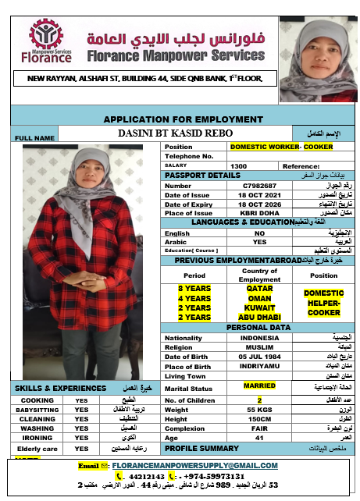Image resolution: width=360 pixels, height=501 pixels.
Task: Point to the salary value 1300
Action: pos(239,166)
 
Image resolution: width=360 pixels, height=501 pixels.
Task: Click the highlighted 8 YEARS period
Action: pos(194,287)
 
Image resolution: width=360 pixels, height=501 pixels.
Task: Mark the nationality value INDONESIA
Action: pos(258,338)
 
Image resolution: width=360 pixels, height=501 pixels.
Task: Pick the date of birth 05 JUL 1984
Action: pos(259,357)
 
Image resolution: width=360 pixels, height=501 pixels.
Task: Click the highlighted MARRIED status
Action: pos(258,386)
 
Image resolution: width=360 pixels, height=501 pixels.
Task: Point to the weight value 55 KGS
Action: pos(258,410)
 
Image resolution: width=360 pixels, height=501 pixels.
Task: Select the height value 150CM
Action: pos(258,419)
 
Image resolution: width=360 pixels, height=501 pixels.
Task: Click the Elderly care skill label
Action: pos(37,449)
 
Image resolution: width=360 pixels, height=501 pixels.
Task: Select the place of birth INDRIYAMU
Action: pos(259,366)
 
